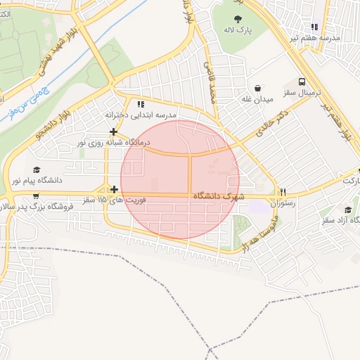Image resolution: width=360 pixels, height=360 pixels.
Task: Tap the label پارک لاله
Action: point(238,31)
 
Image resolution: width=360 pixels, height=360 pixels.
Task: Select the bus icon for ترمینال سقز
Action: point(302,82)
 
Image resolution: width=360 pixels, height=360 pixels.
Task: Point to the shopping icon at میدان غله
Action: point(259,89)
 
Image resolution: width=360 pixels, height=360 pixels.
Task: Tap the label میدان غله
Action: point(258,100)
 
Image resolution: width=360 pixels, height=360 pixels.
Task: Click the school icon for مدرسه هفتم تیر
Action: point(314,27)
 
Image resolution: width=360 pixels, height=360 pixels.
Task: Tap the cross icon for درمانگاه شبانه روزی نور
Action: point(113,131)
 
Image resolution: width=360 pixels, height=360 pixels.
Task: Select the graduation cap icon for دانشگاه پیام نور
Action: point(36,169)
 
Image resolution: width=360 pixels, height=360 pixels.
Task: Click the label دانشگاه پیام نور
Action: point(35,181)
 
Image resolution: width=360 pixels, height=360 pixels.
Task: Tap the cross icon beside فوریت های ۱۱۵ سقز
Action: point(113,189)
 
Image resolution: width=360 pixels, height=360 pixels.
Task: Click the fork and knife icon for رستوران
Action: point(283,191)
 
